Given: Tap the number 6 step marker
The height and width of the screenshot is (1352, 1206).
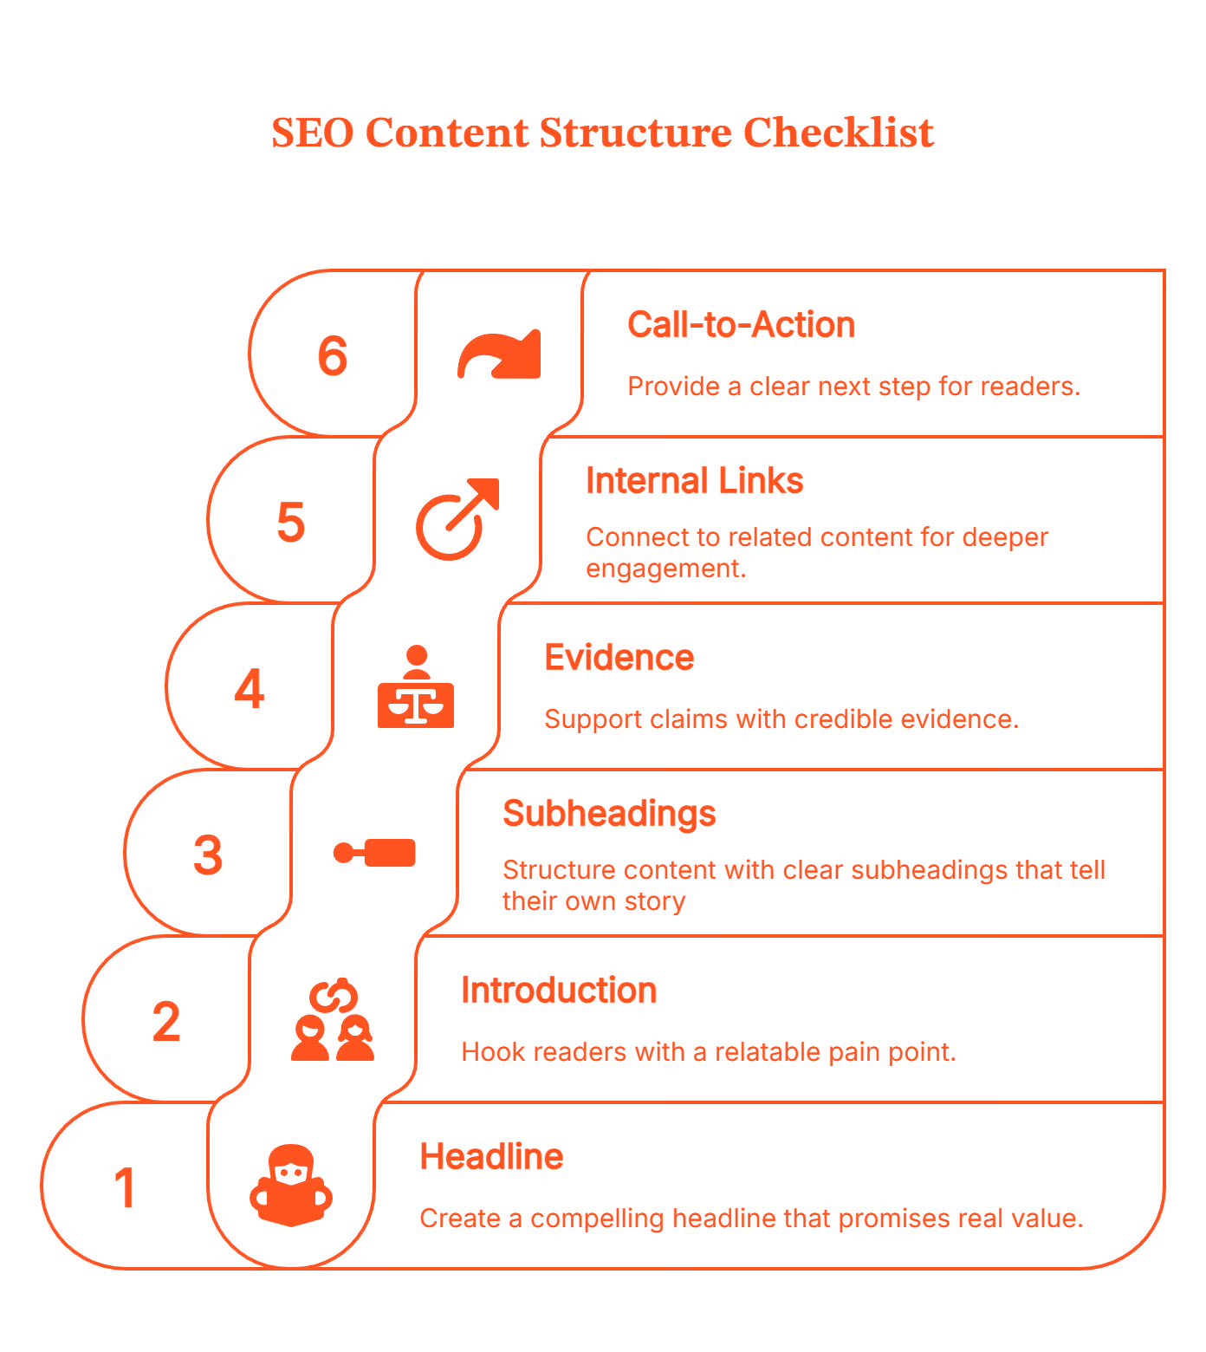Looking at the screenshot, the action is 333,355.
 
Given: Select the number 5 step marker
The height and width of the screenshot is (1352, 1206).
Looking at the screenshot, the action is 291,522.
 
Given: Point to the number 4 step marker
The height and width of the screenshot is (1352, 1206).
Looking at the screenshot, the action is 250,689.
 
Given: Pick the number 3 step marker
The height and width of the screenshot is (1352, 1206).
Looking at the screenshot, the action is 208,855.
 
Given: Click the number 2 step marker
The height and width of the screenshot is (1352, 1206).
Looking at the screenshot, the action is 166,1021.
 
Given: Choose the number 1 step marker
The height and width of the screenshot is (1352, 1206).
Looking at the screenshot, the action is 125,1187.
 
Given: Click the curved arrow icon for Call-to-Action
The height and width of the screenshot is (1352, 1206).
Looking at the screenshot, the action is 499,355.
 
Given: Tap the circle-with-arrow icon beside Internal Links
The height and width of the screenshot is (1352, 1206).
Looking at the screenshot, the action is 457,520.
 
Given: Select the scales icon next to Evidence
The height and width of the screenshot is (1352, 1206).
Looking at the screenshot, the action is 416,688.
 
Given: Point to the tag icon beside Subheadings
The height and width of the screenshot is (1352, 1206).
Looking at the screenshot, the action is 375,853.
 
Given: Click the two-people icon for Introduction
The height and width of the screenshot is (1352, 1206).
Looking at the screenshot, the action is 333,1021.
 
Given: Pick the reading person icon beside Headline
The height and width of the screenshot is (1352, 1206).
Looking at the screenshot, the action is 291,1186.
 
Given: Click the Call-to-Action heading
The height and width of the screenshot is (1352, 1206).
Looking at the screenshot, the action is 741,325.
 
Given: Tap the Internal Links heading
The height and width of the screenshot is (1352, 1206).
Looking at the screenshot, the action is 694,481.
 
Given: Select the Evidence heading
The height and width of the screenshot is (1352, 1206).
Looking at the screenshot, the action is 619,658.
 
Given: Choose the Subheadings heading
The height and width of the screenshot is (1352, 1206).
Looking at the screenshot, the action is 609,814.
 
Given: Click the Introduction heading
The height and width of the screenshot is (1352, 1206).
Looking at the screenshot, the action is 559,991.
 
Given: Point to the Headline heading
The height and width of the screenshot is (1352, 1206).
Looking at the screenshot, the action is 491,1157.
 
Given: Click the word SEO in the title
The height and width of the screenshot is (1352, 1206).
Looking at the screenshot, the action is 312,133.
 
